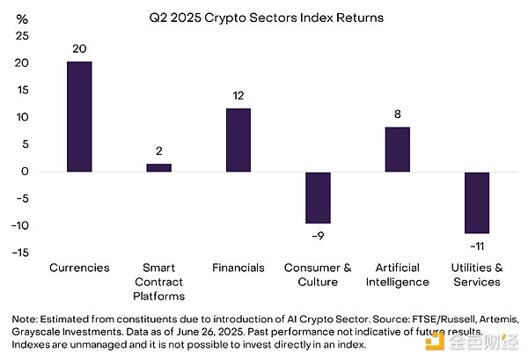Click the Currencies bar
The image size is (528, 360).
pos(79,116)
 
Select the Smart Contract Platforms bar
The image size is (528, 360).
pos(158,167)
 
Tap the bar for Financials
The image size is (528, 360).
pos(238,139)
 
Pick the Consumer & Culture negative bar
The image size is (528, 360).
pos(318,197)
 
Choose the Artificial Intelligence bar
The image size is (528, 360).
pos(397,149)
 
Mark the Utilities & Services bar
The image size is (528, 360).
pos(476,202)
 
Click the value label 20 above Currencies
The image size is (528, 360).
pos(79,48)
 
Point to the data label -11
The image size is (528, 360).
pos(476,246)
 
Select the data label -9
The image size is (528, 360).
pos(318,235)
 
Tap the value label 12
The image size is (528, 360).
pos(238,95)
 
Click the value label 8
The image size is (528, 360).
pos(397,114)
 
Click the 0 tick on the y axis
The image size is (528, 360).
pos(25,172)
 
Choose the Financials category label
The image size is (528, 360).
pos(238,268)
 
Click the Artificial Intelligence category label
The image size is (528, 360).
pos(397,275)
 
